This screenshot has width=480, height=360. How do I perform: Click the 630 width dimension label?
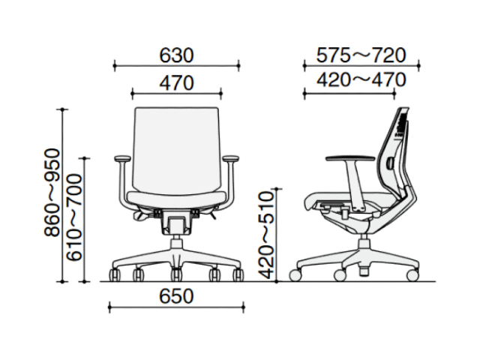point(177,55)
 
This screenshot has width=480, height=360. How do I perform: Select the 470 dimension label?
point(177,83)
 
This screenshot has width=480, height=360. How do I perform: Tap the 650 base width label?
point(177,296)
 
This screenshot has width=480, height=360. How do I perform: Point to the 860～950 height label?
point(52,192)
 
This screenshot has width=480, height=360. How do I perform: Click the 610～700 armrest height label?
point(75,217)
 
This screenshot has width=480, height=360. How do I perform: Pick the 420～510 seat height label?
point(265,235)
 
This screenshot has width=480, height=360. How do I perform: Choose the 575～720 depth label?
point(361,55)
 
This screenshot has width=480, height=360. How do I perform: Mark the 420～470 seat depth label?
point(361,80)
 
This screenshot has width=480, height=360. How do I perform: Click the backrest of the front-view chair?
point(177,150)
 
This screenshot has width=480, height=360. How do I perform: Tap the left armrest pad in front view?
point(123,158)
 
